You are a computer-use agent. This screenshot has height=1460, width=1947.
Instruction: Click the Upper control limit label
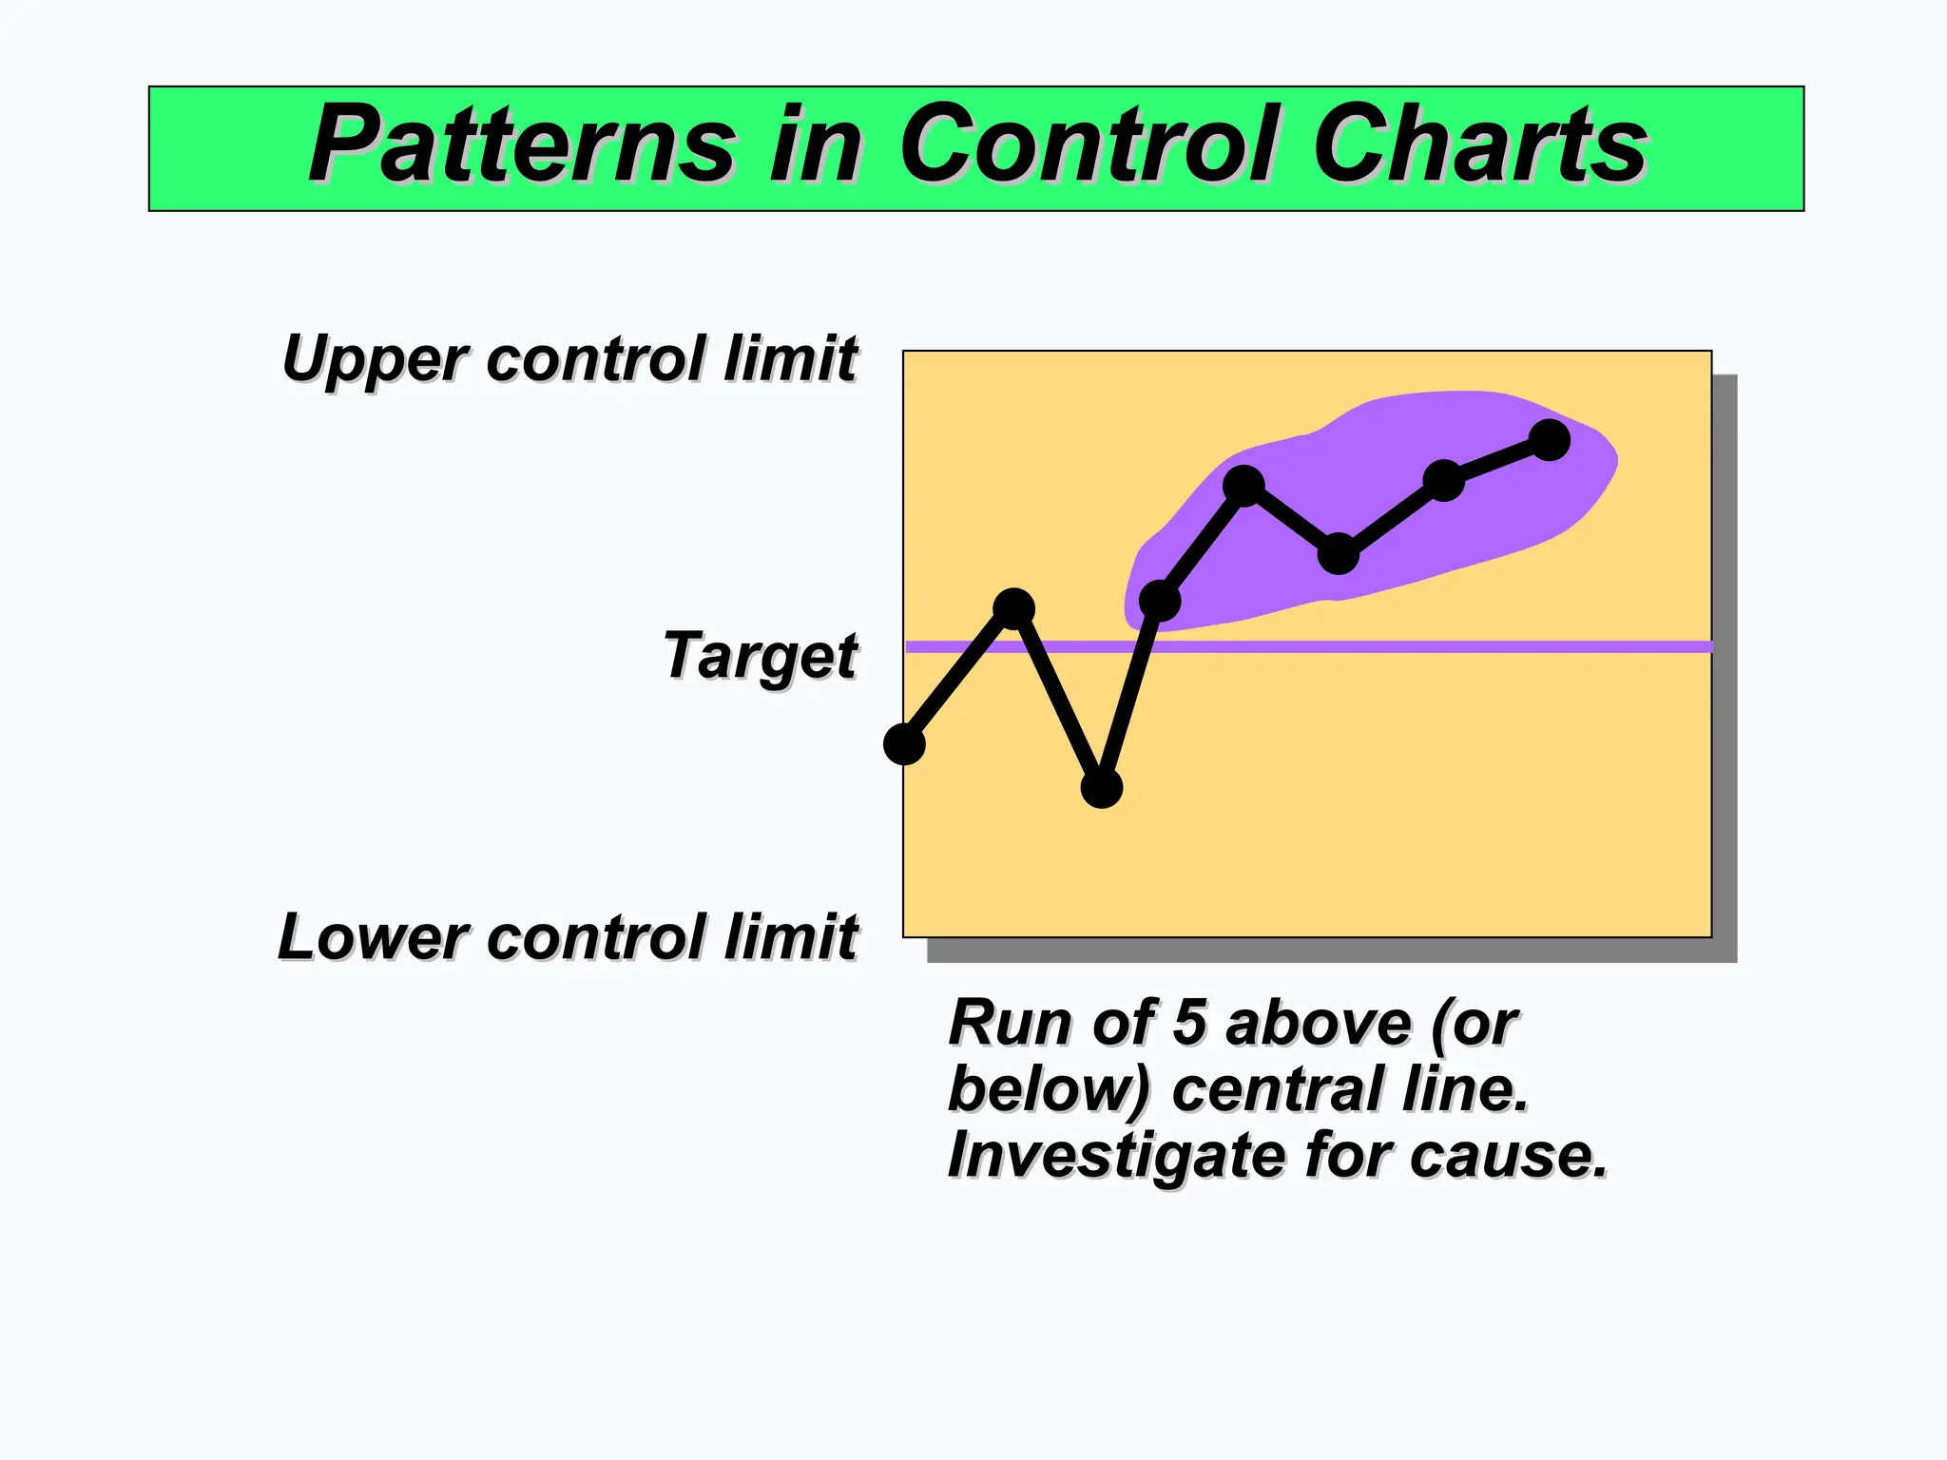pyautogui.click(x=569, y=359)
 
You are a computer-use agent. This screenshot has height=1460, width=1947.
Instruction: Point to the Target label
pyautogui.click(x=761, y=656)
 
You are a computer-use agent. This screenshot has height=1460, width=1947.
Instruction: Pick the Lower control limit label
pyautogui.click(x=568, y=937)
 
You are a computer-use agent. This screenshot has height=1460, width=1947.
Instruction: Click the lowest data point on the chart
pyautogui.click(x=1101, y=787)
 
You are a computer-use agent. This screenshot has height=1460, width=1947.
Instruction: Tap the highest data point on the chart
pyautogui.click(x=1550, y=440)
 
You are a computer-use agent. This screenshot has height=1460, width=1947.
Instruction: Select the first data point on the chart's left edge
pyautogui.click(x=904, y=743)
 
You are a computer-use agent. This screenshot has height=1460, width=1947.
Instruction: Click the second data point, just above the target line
pyautogui.click(x=1013, y=608)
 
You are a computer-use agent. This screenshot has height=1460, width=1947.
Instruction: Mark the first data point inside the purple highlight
pyautogui.click(x=1159, y=601)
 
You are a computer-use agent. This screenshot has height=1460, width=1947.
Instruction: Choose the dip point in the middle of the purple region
pyautogui.click(x=1339, y=553)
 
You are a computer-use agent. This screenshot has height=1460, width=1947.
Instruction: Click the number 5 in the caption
pyautogui.click(x=1189, y=1024)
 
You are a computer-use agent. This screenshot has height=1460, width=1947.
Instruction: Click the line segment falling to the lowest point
pyautogui.click(x=1057, y=698)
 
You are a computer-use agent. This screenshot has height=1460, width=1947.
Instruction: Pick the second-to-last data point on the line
pyautogui.click(x=1443, y=480)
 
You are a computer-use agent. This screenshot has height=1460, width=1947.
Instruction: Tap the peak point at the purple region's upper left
pyautogui.click(x=1243, y=486)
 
